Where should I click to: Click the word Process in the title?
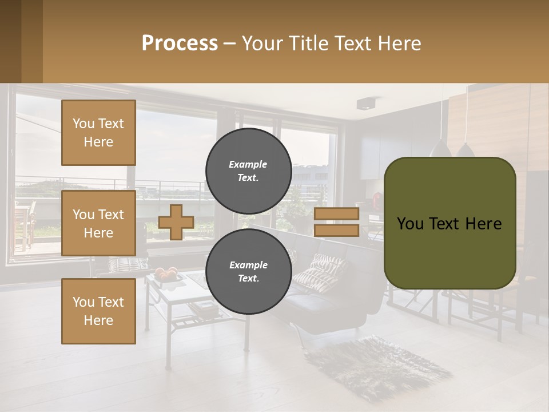[x=180, y=43]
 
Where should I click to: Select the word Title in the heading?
[x=308, y=43]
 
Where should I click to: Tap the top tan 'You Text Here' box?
[x=98, y=133]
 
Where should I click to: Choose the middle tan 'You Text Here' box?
[x=98, y=223]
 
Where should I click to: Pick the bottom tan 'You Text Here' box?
[x=98, y=311]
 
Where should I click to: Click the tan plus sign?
[x=176, y=222]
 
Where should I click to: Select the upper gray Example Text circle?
[x=248, y=171]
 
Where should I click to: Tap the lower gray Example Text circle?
[x=248, y=271]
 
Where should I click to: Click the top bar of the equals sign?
[x=337, y=214]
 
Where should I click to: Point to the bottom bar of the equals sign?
[x=337, y=230]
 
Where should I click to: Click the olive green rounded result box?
[x=449, y=223]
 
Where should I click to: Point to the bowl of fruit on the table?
[x=166, y=275]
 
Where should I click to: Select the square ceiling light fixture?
[x=365, y=104]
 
